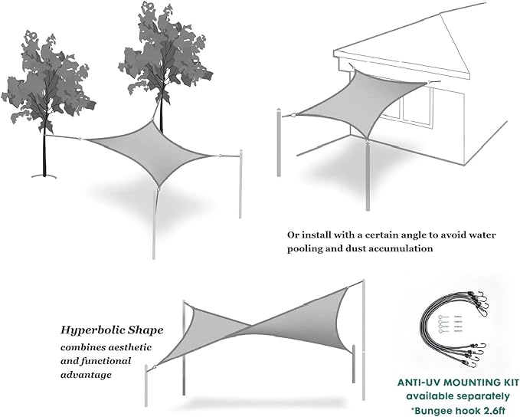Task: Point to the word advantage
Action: (x=87, y=376)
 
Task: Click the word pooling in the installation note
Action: (x=300, y=249)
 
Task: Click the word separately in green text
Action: (x=478, y=396)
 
